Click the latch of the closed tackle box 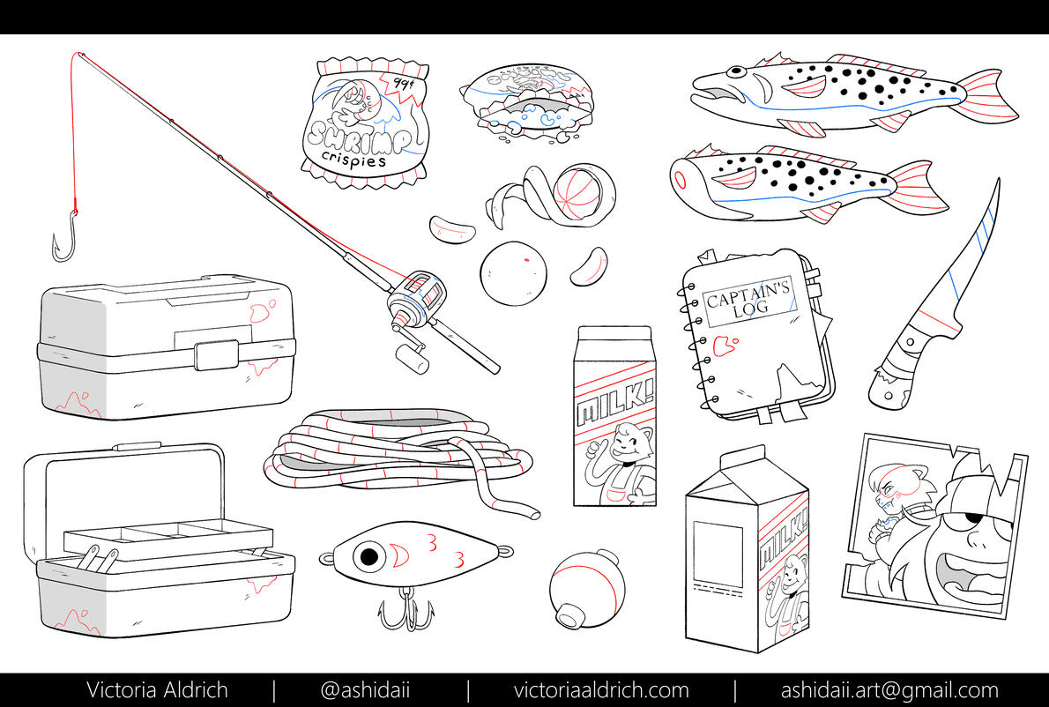coord(215,354)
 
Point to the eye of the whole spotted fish coord(736,71)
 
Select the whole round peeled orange coord(513,273)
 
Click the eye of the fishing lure coord(368,556)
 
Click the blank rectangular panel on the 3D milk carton coord(718,556)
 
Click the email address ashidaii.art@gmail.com coord(889,690)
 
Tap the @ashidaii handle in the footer coord(365,690)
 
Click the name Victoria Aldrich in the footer coord(157,689)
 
